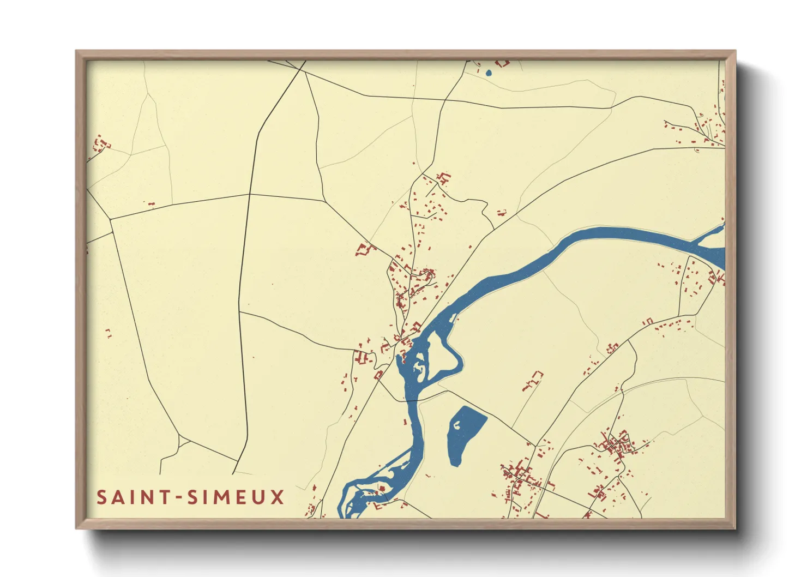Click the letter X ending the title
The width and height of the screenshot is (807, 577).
[278, 497]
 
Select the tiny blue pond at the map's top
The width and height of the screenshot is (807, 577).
[489, 73]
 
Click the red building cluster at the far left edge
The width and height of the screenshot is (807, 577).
[100, 144]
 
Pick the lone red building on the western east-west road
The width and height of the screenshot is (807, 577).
[152, 204]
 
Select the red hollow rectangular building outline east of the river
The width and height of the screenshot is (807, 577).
[533, 380]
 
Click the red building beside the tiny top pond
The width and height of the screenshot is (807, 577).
[502, 63]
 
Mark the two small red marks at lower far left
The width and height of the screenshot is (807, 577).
[108, 333]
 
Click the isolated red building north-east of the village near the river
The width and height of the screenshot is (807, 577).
[501, 213]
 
